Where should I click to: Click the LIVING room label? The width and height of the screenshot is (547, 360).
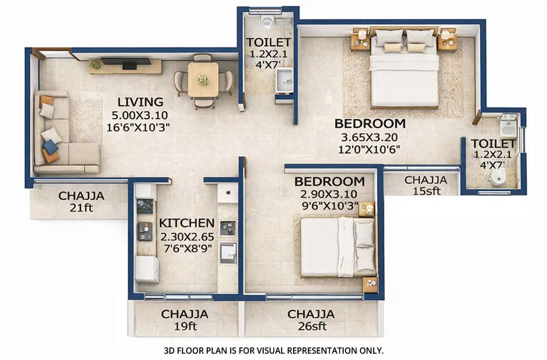pyautogui.click(x=140, y=102)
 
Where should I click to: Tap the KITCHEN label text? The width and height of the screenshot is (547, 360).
pyautogui.click(x=187, y=223)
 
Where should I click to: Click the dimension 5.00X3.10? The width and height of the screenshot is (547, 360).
pyautogui.click(x=140, y=114)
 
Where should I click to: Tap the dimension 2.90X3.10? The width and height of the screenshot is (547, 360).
pyautogui.click(x=328, y=194)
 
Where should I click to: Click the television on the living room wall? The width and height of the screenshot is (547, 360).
pyautogui.click(x=127, y=62)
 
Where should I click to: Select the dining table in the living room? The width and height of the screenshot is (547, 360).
pyautogui.click(x=203, y=81)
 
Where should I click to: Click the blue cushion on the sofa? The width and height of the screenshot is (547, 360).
pyautogui.click(x=51, y=147)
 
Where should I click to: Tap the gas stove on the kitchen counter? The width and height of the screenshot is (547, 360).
pyautogui.click(x=227, y=228)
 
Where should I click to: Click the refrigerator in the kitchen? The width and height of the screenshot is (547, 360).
pyautogui.click(x=147, y=268)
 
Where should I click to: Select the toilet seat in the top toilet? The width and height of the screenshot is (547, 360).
pyautogui.click(x=265, y=22)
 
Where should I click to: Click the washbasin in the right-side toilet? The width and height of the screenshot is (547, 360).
pyautogui.click(x=508, y=123)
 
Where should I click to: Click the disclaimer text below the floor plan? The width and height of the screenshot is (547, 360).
pyautogui.click(x=273, y=350)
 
